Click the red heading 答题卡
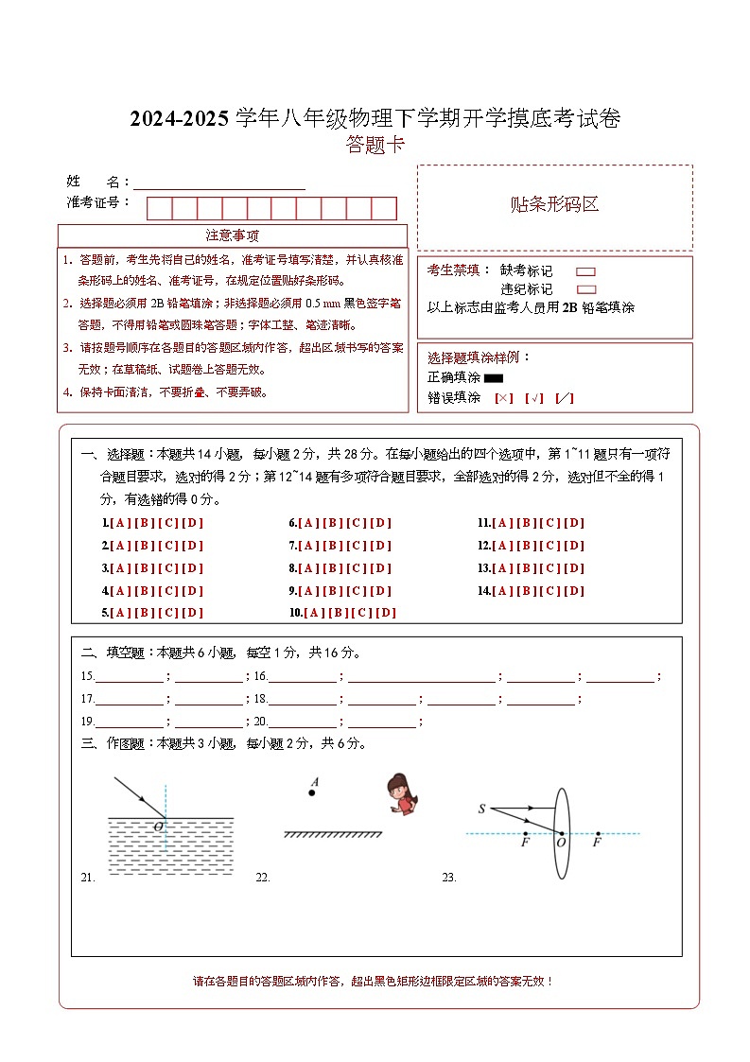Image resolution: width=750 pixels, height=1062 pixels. click(375, 145)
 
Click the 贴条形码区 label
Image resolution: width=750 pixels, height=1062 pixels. click(554, 204)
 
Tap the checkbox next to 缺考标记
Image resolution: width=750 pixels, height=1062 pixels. click(585, 271)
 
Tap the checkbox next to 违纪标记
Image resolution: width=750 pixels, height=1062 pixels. click(585, 289)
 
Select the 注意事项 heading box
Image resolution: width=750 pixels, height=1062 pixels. click(232, 235)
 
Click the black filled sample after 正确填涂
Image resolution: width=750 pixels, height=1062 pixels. click(494, 378)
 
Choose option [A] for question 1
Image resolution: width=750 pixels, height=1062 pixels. click(120, 523)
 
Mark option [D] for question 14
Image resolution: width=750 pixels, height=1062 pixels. click(574, 591)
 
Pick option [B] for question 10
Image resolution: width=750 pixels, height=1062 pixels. click(338, 613)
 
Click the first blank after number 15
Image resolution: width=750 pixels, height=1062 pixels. click(129, 677)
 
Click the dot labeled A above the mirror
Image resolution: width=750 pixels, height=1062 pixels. click(312, 792)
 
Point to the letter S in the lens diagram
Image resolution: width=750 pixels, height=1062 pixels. click(481, 809)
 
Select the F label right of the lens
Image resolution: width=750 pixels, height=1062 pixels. click(597, 841)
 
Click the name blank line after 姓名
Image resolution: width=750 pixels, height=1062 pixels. click(219, 182)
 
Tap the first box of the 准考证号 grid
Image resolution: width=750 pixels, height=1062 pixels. click(159, 208)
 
